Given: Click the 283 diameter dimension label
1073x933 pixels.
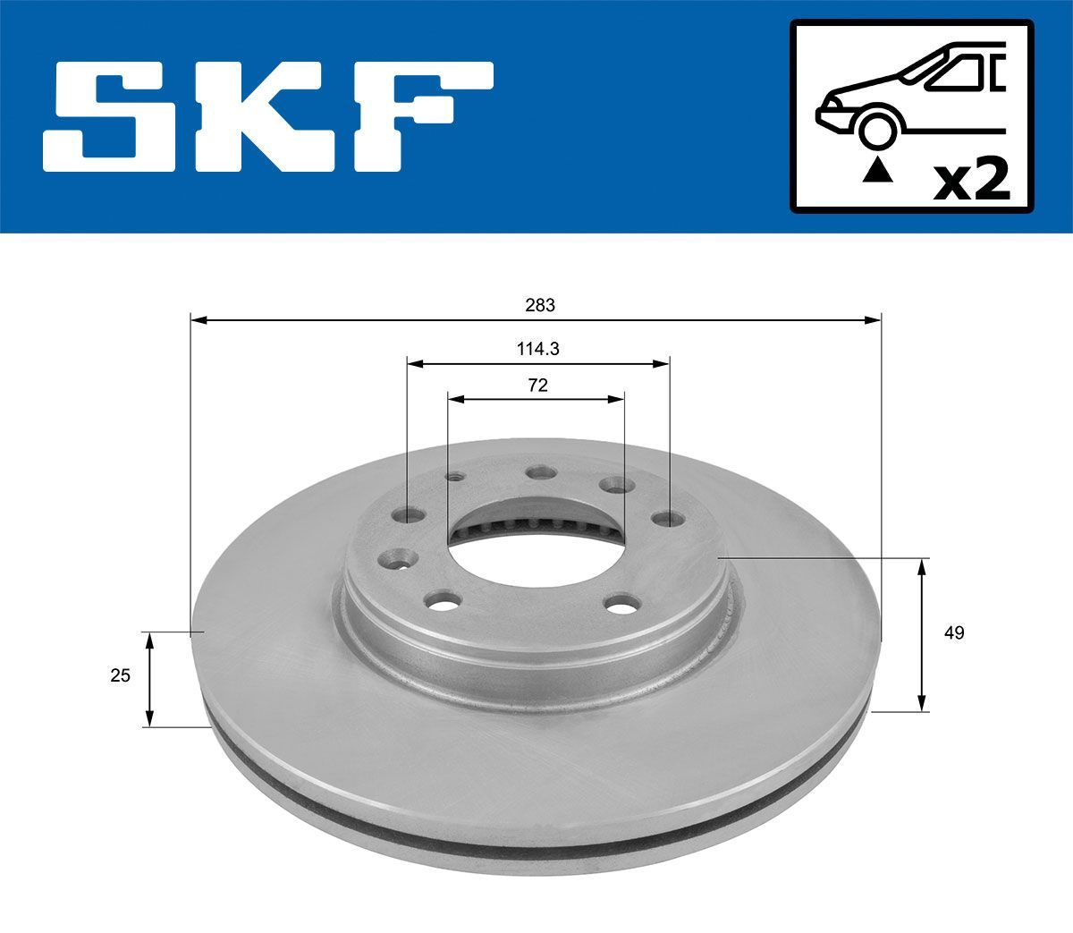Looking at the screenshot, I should pos(539,305).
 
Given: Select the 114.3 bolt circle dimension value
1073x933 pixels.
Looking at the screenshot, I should pos(537,350).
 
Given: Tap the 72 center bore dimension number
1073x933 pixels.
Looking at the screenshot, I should pos(537,386).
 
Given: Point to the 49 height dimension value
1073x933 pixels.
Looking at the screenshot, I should pos(954,633).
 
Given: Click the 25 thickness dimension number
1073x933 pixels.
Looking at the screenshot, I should pos(120,675).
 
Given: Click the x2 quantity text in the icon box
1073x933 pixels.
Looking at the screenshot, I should pos(971,180).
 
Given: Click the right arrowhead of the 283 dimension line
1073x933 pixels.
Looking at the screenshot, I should pos(873,318).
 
